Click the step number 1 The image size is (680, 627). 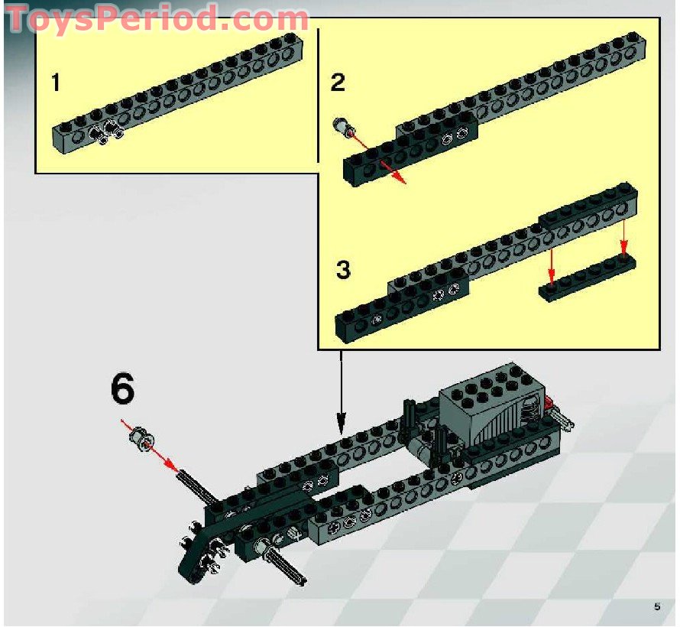click(56, 83)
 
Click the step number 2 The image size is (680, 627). click(338, 83)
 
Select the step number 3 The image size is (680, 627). click(343, 270)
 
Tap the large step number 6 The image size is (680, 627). click(122, 389)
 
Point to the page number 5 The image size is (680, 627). click(656, 607)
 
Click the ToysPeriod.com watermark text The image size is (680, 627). click(157, 18)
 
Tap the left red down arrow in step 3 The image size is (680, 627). click(550, 265)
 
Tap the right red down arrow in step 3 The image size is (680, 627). click(623, 238)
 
